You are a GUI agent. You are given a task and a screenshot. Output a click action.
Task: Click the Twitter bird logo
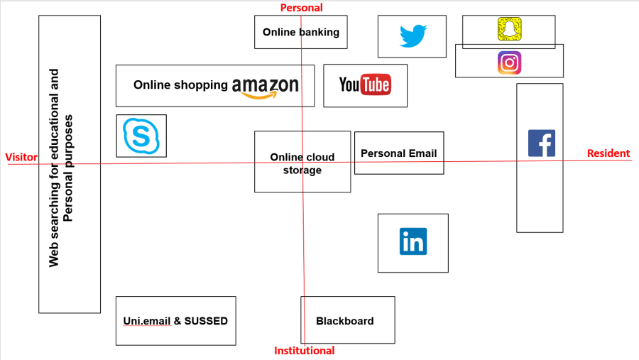pos(413,36)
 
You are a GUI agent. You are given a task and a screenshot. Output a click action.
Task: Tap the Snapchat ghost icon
pos(509,30)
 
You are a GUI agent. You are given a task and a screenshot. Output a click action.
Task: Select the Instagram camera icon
pos(509,62)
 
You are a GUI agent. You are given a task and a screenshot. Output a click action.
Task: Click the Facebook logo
pos(541,143)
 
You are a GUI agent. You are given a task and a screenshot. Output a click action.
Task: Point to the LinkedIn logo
pos(413,241)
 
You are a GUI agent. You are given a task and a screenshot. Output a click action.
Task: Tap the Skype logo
pos(141,136)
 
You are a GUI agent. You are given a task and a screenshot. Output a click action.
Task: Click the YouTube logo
pos(365,85)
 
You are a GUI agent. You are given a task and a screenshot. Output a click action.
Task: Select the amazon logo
pos(265,87)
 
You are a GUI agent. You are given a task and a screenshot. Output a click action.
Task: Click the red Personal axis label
pos(301,8)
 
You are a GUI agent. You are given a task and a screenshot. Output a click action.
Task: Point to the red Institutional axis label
pos(304,351)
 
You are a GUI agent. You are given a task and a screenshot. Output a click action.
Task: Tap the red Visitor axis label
pos(21,157)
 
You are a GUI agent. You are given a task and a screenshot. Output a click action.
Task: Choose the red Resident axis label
pos(608,153)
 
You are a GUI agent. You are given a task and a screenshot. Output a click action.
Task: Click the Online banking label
pos(301,32)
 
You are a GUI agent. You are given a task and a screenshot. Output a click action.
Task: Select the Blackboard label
pos(344,321)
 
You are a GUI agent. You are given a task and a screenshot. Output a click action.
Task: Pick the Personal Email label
pos(398,153)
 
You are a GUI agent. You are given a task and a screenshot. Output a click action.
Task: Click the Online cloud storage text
pos(302,164)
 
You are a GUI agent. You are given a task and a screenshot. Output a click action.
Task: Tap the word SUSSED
pos(206,321)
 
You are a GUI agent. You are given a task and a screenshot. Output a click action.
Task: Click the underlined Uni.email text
pos(147,321)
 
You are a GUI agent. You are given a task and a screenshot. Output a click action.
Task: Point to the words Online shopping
pos(180,85)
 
